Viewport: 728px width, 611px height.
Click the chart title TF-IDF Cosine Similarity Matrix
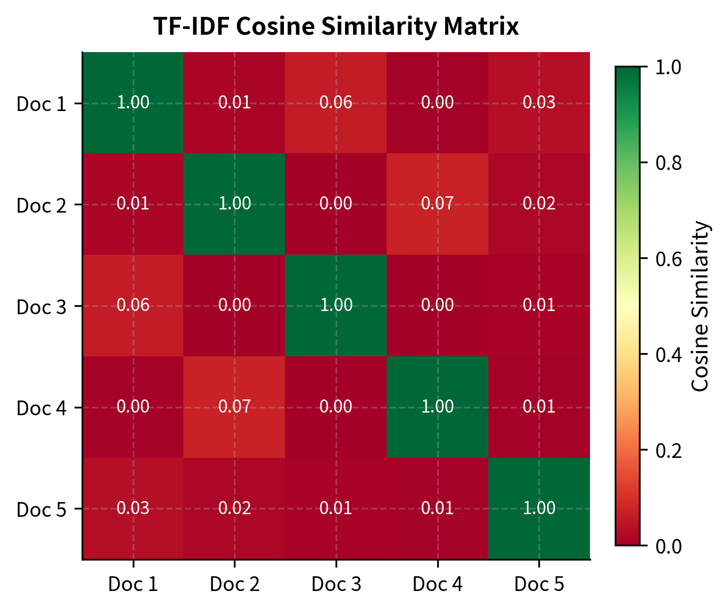pyautogui.click(x=336, y=27)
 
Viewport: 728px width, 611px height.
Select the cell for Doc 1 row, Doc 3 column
pyautogui.click(x=336, y=103)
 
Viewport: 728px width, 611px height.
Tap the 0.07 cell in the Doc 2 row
pyautogui.click(x=437, y=204)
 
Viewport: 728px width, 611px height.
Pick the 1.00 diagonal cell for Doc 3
pyautogui.click(x=336, y=305)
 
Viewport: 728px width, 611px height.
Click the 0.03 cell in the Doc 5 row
pyautogui.click(x=133, y=508)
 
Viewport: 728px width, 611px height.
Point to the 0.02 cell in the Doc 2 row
pyautogui.click(x=539, y=204)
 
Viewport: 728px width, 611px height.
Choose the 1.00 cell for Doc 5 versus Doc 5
pyautogui.click(x=539, y=508)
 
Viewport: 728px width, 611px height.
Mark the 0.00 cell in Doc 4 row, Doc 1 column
pyautogui.click(x=133, y=407)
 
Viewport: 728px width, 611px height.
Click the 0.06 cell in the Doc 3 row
pyautogui.click(x=133, y=305)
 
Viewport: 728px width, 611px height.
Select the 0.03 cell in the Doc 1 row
pyautogui.click(x=539, y=103)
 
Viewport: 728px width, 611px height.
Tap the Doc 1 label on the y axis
pyautogui.click(x=42, y=104)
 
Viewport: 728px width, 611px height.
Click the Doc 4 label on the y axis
pyautogui.click(x=42, y=408)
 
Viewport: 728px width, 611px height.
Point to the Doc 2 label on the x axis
pyautogui.click(x=234, y=585)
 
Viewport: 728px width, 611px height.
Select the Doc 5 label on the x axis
pyautogui.click(x=539, y=585)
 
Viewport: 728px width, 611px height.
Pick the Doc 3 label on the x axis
pyautogui.click(x=336, y=585)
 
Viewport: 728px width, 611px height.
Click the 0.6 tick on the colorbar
pyautogui.click(x=668, y=259)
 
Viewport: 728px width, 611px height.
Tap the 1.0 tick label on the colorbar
pyautogui.click(x=668, y=67)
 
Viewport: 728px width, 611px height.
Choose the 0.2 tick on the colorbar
pyautogui.click(x=668, y=450)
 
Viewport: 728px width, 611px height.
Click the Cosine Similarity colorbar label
pyautogui.click(x=701, y=306)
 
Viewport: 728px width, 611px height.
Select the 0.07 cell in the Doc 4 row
pyautogui.click(x=234, y=407)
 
